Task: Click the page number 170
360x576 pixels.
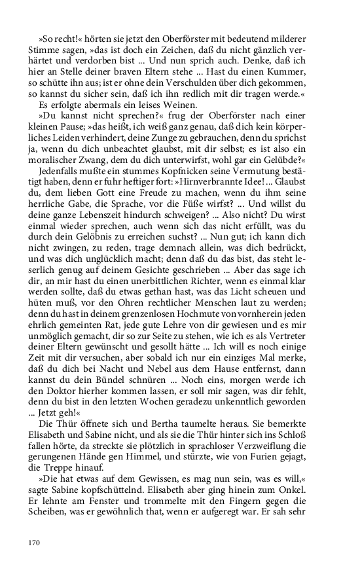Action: point(34,543)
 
